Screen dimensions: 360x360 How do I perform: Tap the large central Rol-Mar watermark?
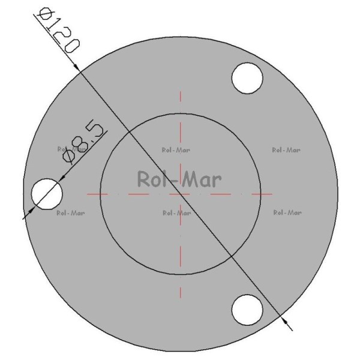[179, 179]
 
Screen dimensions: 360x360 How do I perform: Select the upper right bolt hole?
[247, 78]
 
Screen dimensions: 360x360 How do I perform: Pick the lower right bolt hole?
[247, 310]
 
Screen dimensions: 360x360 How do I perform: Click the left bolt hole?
[47, 194]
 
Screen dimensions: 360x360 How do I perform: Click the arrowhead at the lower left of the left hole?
[31, 210]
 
